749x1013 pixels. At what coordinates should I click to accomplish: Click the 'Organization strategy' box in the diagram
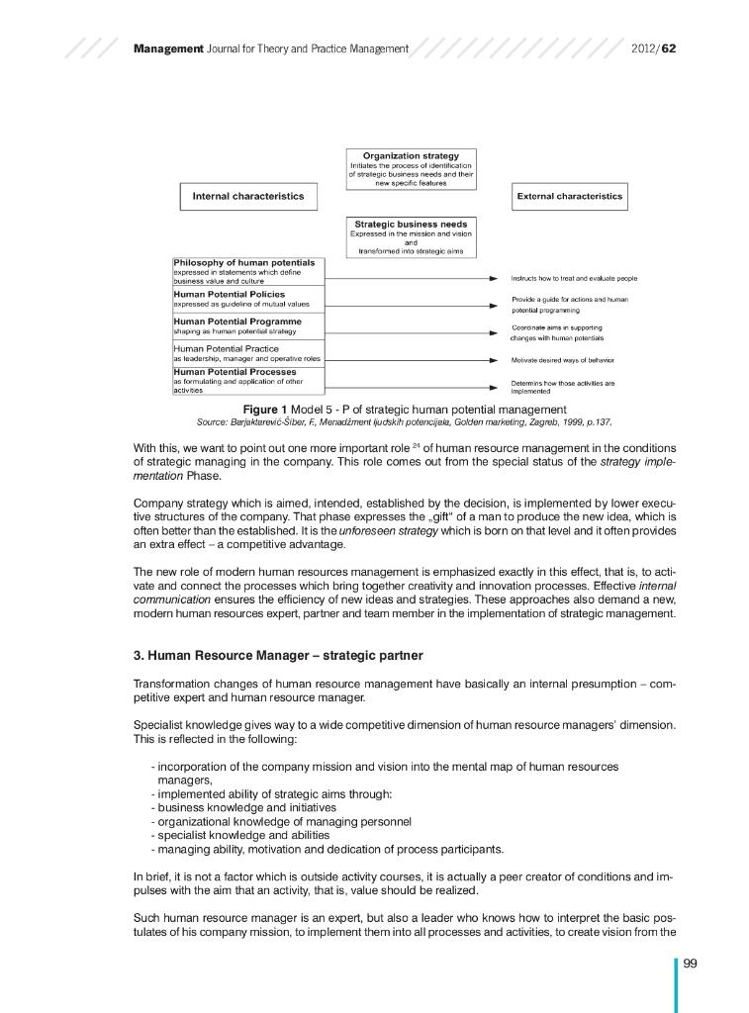[411, 168]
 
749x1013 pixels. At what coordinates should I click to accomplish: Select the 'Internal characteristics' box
[247, 196]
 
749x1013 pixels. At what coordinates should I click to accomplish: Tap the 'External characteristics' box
[569, 196]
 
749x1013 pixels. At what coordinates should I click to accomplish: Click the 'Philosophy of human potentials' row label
[244, 263]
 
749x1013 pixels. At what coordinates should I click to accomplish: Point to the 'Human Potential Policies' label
[230, 294]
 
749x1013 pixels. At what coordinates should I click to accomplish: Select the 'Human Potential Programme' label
[237, 322]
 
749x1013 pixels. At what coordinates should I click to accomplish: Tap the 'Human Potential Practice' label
[227, 348]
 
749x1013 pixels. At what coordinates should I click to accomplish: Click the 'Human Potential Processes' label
[235, 372]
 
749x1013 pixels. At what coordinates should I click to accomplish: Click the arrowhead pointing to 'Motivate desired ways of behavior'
[493, 360]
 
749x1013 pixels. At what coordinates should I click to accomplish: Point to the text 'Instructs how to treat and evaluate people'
[574, 279]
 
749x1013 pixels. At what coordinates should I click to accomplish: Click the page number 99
[691, 967]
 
